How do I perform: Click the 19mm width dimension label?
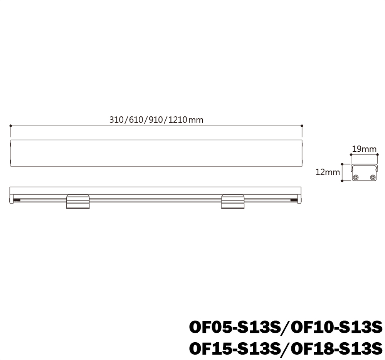364,149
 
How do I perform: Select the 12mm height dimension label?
327,172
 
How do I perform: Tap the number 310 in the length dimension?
116,120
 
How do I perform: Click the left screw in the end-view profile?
355,177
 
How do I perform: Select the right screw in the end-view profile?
372,177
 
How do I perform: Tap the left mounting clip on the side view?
78,202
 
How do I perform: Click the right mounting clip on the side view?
232,202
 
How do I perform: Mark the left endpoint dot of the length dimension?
11,126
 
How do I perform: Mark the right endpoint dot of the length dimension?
302,126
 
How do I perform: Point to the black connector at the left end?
17,200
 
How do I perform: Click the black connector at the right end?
294,200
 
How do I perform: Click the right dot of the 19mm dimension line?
377,155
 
